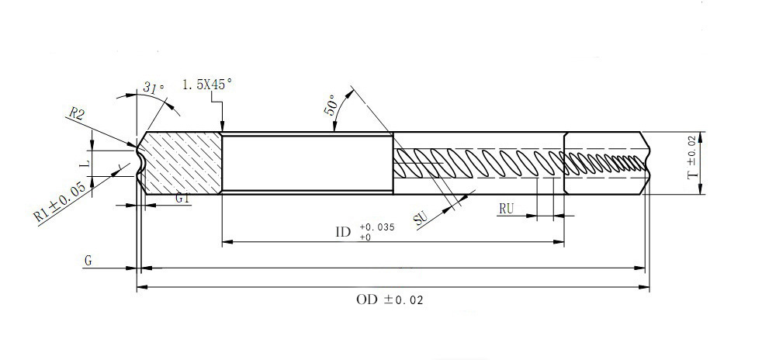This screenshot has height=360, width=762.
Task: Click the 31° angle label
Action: (x=154, y=89)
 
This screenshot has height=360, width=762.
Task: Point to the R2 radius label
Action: (x=77, y=114)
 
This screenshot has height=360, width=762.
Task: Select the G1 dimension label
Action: (x=182, y=199)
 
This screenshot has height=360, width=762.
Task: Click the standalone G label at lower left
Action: (x=88, y=262)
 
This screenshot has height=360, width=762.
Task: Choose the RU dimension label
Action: (x=507, y=208)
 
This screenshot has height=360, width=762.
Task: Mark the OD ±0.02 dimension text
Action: (x=390, y=299)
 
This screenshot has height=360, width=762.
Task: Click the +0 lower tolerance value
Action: (x=365, y=237)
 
